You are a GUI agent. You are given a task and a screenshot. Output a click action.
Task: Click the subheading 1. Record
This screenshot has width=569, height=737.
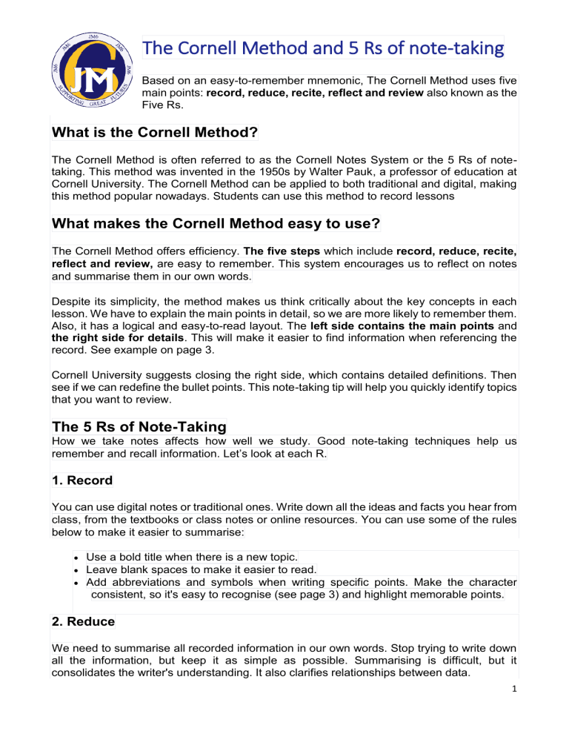tap(82, 480)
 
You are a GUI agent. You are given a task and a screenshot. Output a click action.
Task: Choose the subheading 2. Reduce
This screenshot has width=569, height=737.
tap(84, 625)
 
